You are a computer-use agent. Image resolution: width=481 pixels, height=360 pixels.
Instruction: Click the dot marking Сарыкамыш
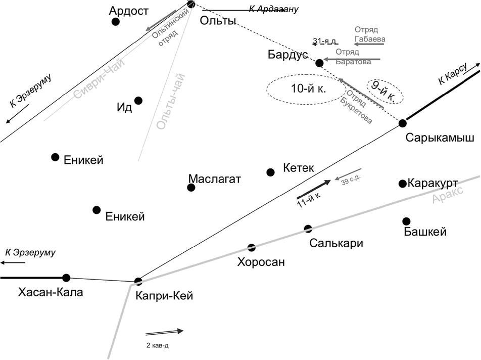(403, 123)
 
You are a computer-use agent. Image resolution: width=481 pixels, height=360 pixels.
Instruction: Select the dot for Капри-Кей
(138, 281)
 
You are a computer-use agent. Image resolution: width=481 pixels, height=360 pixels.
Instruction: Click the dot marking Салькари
(308, 229)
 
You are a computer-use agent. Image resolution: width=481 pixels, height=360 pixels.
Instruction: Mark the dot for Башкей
(406, 221)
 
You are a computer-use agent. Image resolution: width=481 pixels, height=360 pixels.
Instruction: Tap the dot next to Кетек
(270, 172)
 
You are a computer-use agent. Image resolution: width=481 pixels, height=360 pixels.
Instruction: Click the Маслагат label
(214, 179)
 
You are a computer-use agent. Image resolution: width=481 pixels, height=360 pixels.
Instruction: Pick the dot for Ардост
(116, 22)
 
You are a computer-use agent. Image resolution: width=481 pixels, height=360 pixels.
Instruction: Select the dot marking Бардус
(319, 63)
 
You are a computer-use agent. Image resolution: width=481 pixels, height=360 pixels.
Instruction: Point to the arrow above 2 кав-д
(164, 332)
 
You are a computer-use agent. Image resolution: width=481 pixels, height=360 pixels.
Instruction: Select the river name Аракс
(448, 194)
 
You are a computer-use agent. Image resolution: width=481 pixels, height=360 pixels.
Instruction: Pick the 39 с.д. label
(351, 181)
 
